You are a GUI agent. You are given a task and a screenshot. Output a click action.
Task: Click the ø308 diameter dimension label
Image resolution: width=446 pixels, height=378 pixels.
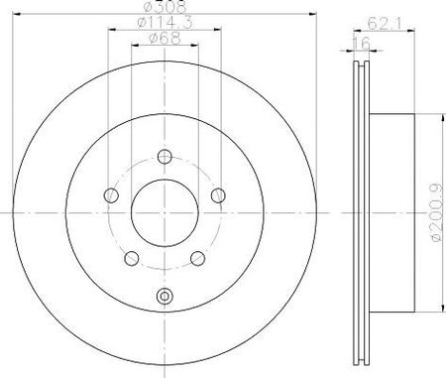166,7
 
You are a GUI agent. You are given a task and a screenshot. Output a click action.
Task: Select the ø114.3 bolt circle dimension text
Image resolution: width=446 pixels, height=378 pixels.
165,23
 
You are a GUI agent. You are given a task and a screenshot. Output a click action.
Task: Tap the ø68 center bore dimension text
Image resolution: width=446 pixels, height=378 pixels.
165,38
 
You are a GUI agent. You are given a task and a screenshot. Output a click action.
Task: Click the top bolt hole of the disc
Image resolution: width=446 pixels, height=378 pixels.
165,157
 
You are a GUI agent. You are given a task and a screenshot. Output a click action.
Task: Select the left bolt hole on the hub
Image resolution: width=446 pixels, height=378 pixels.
111,195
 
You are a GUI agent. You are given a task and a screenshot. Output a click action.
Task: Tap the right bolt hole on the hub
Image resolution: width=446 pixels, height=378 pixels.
218,195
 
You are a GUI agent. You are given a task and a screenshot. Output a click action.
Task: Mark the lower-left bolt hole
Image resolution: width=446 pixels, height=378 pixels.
132,258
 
